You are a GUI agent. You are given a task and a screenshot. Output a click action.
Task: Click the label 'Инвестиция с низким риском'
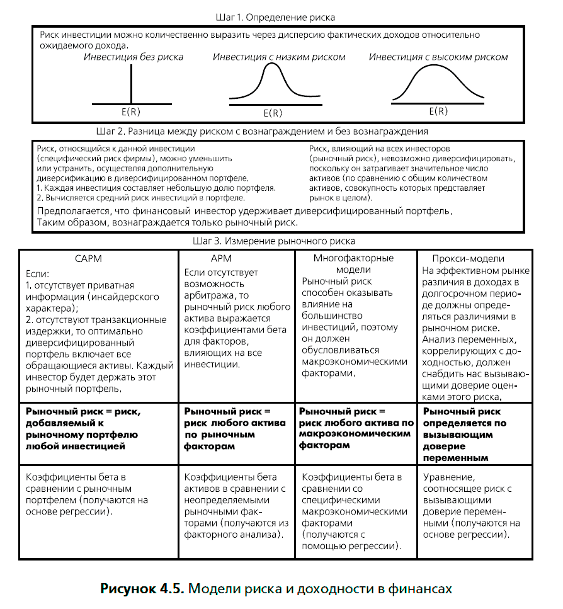[279, 57]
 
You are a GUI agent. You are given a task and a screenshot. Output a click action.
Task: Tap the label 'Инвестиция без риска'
[134, 57]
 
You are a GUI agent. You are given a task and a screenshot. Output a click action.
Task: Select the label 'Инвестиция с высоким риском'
[438, 57]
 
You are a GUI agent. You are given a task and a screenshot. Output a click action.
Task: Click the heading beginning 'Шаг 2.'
[263, 132]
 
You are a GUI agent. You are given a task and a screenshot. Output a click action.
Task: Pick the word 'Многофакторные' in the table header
[353, 258]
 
